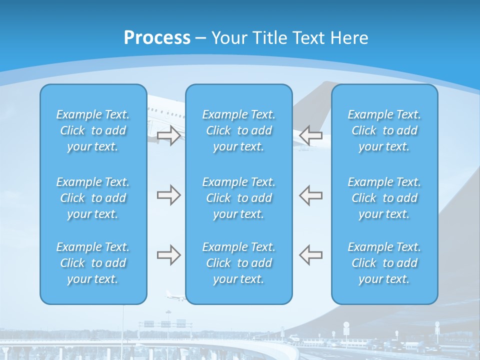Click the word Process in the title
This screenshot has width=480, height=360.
pos(157,38)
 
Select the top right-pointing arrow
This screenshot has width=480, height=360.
pos(168,135)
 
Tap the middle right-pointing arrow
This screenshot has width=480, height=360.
pos(168,195)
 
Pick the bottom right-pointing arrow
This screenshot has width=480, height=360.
pos(168,255)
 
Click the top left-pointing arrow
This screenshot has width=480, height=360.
pos(310,135)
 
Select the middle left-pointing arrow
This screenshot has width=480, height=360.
pos(310,195)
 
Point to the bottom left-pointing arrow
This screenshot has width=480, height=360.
pos(310,255)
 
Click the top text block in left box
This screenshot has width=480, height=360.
pos(93,130)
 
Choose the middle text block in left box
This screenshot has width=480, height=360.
pos(93,198)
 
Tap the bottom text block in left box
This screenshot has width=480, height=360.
pos(93,263)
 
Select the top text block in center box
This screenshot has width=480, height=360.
pos(239,130)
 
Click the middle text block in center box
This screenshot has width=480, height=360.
pos(239,198)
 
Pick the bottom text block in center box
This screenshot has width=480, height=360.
pos(239,263)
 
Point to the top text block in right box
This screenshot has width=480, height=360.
pos(384,130)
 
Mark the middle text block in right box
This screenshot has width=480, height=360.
pos(384,198)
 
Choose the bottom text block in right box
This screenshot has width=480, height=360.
pos(384,263)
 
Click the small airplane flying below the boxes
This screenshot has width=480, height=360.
pos(175,296)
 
